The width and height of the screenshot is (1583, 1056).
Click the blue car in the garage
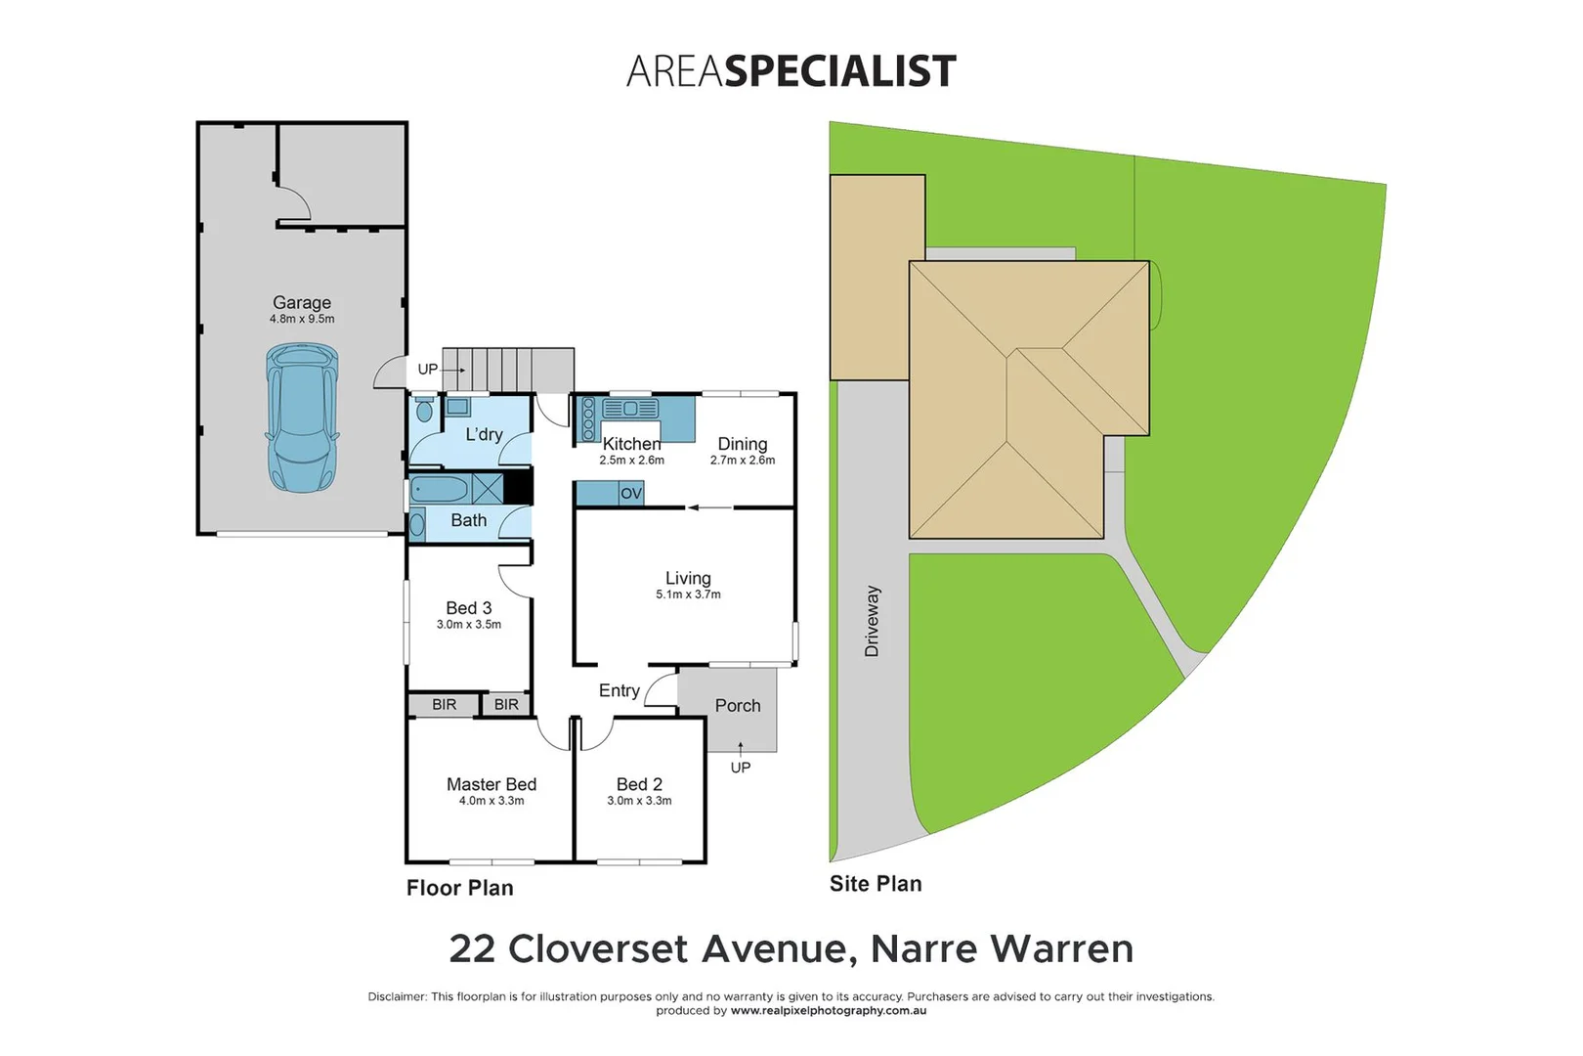click(302, 418)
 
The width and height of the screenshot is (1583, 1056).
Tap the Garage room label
click(302, 303)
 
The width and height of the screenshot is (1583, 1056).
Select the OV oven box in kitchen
click(631, 494)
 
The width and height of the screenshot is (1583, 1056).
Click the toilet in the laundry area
click(424, 409)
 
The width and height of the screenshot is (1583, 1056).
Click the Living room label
click(688, 579)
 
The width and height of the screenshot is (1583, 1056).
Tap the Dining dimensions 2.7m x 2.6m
click(743, 461)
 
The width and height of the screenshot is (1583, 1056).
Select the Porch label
click(738, 706)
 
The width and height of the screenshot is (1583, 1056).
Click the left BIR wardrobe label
click(444, 705)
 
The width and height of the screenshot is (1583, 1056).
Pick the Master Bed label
click(492, 784)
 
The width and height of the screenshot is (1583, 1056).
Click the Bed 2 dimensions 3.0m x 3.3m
click(639, 801)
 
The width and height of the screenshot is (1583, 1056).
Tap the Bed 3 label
click(469, 608)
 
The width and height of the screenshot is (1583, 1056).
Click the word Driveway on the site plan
click(872, 621)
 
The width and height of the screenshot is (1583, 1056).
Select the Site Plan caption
click(876, 884)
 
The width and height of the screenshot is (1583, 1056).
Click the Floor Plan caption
click(459, 888)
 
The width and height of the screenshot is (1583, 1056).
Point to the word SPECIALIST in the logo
click(839, 71)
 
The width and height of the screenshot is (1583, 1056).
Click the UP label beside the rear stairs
click(428, 370)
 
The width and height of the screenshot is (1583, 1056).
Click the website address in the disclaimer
click(829, 1011)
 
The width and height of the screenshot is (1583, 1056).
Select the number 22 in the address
click(472, 948)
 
